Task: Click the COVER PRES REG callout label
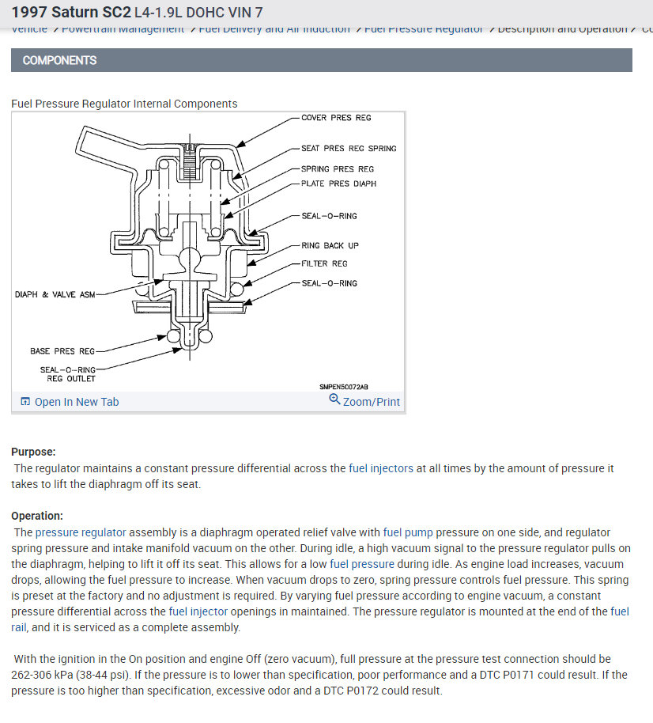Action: coord(336,118)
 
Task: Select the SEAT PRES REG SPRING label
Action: coord(349,149)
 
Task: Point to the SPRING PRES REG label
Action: coord(338,169)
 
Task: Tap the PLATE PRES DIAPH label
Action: coord(338,184)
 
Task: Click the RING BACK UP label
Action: coord(330,246)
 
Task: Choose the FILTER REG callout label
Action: coord(324,263)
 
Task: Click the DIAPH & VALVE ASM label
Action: coord(55,295)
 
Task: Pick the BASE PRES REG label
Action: coord(62,351)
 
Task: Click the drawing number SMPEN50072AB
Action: coord(343,387)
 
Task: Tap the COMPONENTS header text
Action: coord(59,60)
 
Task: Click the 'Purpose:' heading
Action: coord(33,452)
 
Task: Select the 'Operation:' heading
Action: coord(37,516)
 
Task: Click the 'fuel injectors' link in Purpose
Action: coord(380,468)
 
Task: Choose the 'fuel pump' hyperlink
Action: coord(407,532)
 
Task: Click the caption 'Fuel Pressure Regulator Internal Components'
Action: coord(124,104)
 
